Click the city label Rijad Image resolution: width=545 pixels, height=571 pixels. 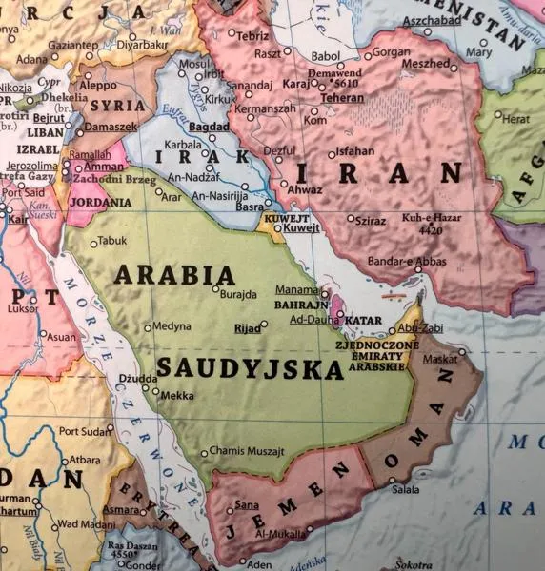pyautogui.click(x=248, y=328)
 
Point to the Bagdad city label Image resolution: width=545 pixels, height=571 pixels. pyautogui.click(x=209, y=127)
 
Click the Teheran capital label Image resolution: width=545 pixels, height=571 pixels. pyautogui.click(x=342, y=98)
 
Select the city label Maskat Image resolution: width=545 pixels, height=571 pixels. pyautogui.click(x=440, y=360)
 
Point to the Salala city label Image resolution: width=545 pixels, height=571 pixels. pyautogui.click(x=405, y=490)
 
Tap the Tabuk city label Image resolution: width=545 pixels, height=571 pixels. pyautogui.click(x=111, y=241)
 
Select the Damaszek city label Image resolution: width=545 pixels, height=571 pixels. pyautogui.click(x=111, y=127)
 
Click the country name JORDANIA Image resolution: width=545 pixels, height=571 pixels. pyautogui.click(x=100, y=203)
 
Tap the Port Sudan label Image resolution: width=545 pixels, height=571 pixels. pyautogui.click(x=85, y=431)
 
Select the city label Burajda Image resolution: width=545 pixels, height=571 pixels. pyautogui.click(x=238, y=295)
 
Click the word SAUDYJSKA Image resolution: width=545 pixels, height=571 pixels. pyautogui.click(x=250, y=368)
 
